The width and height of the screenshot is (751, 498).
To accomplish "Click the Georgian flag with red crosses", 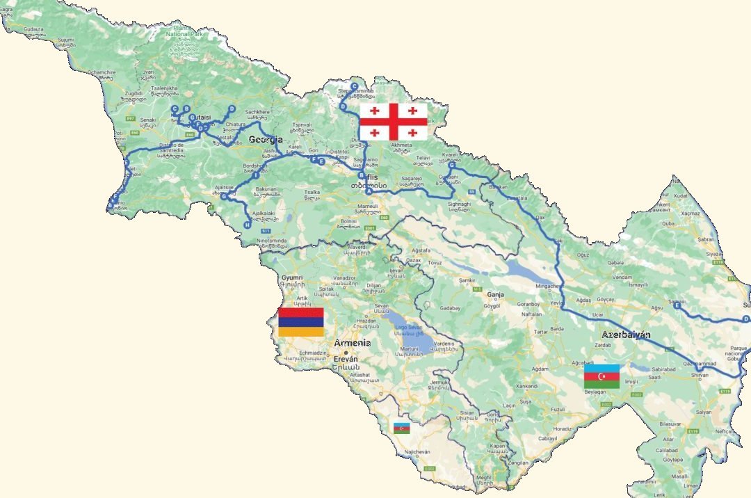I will click(393, 121).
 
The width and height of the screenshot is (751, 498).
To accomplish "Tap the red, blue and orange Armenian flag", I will click(300, 322).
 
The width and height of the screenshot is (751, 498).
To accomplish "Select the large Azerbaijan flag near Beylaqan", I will click(601, 376).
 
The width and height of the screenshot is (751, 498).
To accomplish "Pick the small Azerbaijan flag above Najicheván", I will click(402, 428).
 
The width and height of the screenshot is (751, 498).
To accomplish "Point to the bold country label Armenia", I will click(352, 344).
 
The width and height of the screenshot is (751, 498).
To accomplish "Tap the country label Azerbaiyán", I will click(627, 335).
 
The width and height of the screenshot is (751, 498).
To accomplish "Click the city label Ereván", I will click(346, 359).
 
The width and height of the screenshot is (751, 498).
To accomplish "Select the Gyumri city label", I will click(292, 277).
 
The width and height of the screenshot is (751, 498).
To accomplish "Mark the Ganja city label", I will click(495, 294).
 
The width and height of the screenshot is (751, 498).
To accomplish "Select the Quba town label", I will click(668, 224).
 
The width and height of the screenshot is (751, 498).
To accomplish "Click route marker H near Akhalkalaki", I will click(247, 224).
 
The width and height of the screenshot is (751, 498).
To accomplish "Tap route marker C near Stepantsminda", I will click(354, 86).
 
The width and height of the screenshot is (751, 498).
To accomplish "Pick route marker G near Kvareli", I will click(451, 166).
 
